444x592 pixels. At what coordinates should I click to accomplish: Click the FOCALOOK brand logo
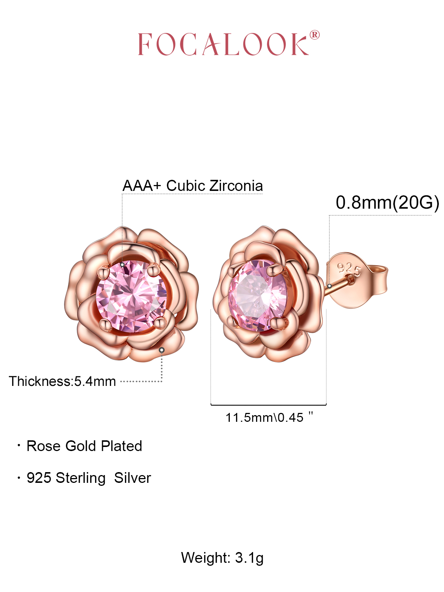click(x=223, y=44)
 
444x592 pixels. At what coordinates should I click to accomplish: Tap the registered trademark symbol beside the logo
click(x=314, y=35)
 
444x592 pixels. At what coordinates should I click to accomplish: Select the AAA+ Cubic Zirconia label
click(x=192, y=186)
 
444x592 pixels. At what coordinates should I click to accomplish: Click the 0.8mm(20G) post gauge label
click(x=387, y=203)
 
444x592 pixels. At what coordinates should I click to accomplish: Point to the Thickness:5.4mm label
click(x=63, y=381)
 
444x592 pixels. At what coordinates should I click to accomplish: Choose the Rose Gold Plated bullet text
click(x=84, y=446)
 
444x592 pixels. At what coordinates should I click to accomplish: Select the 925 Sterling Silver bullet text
click(x=89, y=478)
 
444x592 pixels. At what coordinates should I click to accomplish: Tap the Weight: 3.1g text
click(x=222, y=558)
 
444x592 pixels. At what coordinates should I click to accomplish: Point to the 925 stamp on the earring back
click(x=349, y=268)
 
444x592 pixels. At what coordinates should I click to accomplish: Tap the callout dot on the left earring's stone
click(x=122, y=265)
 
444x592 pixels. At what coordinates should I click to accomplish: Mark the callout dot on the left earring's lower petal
click(x=162, y=350)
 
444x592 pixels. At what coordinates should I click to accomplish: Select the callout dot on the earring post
click(x=329, y=286)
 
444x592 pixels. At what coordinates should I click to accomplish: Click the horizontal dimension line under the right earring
click(x=269, y=405)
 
